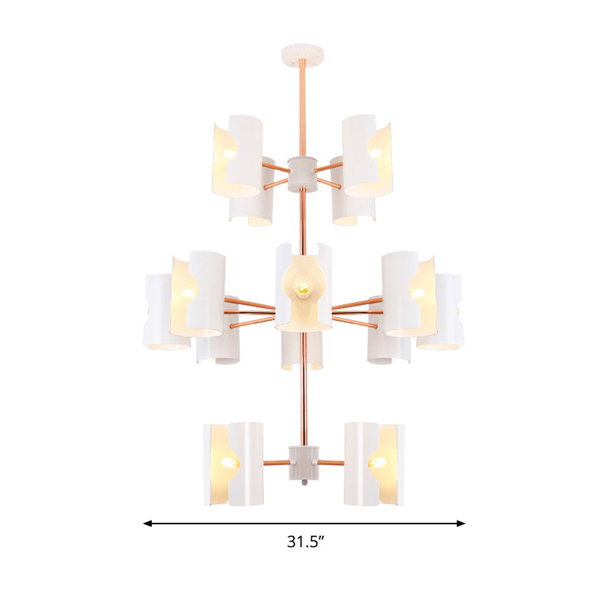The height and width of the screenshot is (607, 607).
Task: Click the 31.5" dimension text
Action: [306, 542]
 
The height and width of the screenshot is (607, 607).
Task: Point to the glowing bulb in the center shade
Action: [303, 288]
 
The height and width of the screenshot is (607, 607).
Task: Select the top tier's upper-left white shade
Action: [233, 156]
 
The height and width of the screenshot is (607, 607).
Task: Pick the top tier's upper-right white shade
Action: [367, 156]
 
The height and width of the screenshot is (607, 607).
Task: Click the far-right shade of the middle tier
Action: [442, 311]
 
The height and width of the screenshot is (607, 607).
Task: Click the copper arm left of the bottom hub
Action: [275, 462]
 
